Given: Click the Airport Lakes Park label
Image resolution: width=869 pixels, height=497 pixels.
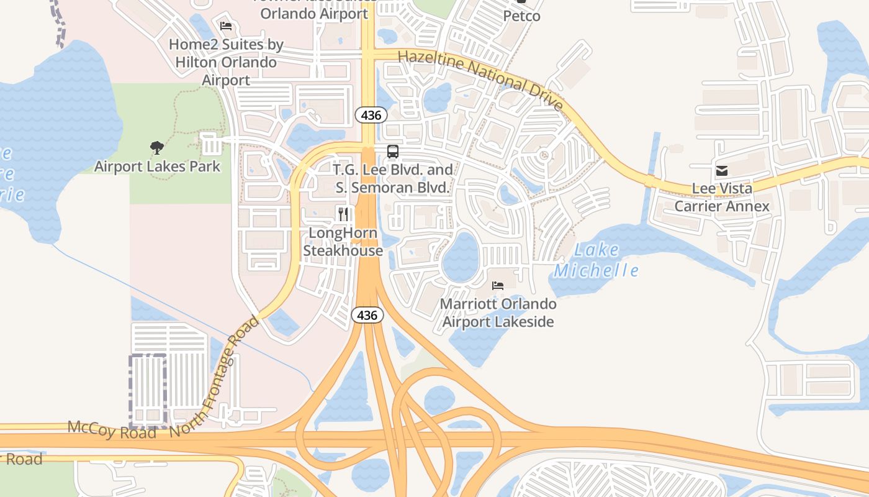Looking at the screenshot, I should (157, 166).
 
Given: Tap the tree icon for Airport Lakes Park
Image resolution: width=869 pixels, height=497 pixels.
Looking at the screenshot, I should (157, 148).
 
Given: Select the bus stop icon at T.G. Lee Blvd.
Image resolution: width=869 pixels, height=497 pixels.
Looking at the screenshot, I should (393, 151).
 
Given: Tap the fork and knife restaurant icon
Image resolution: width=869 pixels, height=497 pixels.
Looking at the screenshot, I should (343, 214).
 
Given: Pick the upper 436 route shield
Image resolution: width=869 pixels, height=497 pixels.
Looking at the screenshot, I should (371, 115).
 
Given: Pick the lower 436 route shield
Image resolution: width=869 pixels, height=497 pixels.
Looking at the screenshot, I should (367, 316).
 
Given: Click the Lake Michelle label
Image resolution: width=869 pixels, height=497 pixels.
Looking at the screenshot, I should (596, 260).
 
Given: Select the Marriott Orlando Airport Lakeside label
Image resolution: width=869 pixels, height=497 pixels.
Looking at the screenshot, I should (498, 312).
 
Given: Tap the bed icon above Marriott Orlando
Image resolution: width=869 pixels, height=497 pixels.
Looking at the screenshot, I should (498, 286).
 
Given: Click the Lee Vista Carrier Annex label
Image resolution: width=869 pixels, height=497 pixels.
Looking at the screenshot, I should (722, 197).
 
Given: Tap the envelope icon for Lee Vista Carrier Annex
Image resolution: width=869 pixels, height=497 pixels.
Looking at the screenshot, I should (722, 171).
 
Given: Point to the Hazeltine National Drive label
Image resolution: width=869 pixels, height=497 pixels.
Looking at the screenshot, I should (480, 80).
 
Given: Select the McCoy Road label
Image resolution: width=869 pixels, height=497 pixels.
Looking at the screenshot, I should (112, 429).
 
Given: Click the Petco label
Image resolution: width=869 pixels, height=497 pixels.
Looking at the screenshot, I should (521, 16).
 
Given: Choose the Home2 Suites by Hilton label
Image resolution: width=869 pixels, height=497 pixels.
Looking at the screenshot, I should (226, 62).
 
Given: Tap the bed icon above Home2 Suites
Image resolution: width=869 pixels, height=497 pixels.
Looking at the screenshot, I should (226, 26).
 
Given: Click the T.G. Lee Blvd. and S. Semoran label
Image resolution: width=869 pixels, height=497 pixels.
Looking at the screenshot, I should (393, 178).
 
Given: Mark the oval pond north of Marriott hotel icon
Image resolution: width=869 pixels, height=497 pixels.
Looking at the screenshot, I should (461, 256).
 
